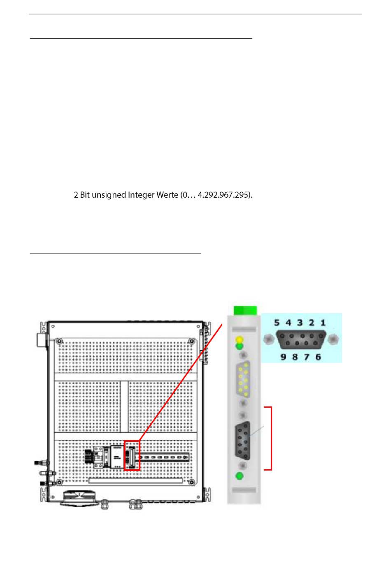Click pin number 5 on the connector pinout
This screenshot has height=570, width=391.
(277, 323)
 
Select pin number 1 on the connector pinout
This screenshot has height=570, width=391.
(323, 323)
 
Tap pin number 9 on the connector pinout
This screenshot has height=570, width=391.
(283, 357)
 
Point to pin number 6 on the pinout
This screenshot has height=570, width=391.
(318, 357)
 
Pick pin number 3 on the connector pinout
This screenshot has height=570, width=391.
(300, 323)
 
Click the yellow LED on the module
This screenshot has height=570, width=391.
(239, 340)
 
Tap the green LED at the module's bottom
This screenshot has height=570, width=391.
(239, 476)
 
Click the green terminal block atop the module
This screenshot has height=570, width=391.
(245, 310)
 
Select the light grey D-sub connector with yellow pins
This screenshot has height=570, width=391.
(243, 380)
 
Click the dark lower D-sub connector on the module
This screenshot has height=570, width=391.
(243, 441)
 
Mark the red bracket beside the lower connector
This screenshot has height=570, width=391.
(270, 438)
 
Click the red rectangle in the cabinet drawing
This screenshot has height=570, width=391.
(132, 455)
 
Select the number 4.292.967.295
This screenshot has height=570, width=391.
(225, 195)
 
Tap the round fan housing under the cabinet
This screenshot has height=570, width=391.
(80, 498)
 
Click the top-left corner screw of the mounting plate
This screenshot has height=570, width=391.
(60, 341)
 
